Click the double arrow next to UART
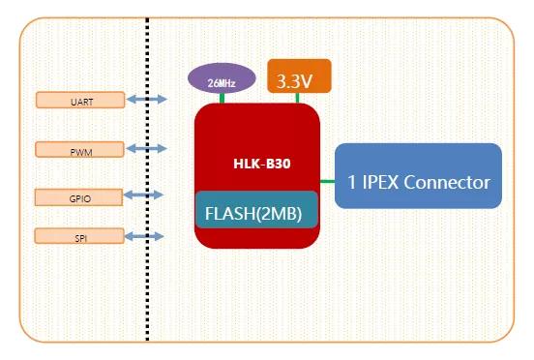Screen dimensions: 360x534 click(145, 99)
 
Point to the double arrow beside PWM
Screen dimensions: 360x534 click(145, 149)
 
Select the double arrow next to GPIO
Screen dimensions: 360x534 click(145, 195)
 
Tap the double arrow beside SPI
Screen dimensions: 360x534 click(145, 236)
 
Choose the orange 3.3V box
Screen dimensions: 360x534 click(299, 76)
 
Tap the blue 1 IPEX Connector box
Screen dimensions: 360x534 click(418, 175)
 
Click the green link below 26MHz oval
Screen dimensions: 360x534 click(221, 99)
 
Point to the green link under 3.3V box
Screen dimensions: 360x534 click(299, 98)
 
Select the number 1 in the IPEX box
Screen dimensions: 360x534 click(352, 181)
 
